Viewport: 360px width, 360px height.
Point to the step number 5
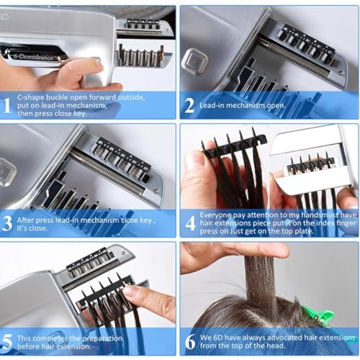pyautogui.click(x=6, y=340)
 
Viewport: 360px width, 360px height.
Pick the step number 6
pyautogui.click(x=189, y=340)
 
